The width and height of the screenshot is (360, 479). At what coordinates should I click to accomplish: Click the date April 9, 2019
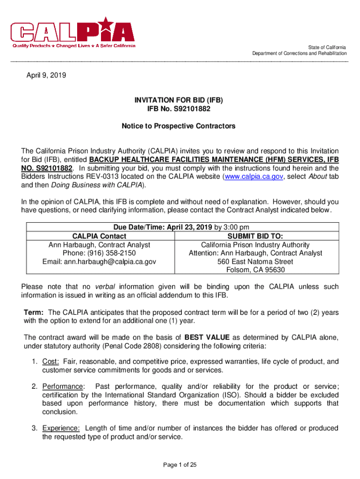click(x=46, y=74)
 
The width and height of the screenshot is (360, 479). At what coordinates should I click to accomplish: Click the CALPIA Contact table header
click(x=99, y=237)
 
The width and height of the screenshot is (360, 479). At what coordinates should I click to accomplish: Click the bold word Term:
click(x=34, y=312)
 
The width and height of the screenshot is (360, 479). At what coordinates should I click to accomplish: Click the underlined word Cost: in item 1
click(x=50, y=362)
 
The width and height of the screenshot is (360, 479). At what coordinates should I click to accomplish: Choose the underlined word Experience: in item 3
click(x=61, y=428)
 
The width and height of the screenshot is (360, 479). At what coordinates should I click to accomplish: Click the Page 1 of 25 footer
click(x=180, y=465)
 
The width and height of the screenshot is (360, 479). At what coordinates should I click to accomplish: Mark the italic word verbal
click(x=106, y=286)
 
